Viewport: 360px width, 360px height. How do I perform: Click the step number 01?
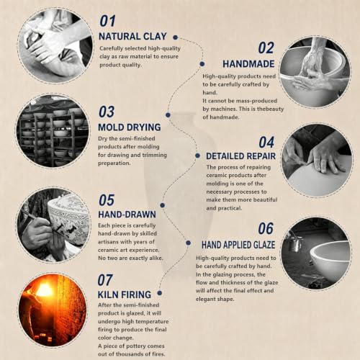pyautogui.click(x=107, y=21)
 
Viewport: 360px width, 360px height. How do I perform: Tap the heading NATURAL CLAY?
pyautogui.click(x=132, y=37)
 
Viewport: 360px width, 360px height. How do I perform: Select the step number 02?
pyautogui.click(x=266, y=48)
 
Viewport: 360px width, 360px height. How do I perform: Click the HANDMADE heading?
pyautogui.click(x=248, y=64)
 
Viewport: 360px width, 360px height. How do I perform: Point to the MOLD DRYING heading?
pyautogui.click(x=130, y=127)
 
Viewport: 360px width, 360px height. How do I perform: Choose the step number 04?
pyautogui.click(x=266, y=143)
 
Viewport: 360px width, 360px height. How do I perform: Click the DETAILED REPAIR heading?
pyautogui.click(x=240, y=156)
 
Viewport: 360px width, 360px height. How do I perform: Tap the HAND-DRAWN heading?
pyautogui.click(x=127, y=215)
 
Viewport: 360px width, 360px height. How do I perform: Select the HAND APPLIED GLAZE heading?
pyautogui.click(x=238, y=245)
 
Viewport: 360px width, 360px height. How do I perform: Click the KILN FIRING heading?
pyautogui.click(x=125, y=294)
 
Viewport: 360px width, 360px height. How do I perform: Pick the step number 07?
pyautogui.click(x=105, y=280)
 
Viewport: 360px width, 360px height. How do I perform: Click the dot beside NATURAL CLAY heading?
pyautogui.click(x=175, y=37)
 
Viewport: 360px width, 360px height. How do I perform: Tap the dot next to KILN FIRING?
pyautogui.click(x=160, y=293)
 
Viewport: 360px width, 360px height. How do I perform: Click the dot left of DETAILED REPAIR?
pyautogui.click(x=197, y=156)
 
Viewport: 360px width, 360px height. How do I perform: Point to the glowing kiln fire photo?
pyautogui.click(x=53, y=310)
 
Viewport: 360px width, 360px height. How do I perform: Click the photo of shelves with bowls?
pyautogui.click(x=53, y=131)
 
